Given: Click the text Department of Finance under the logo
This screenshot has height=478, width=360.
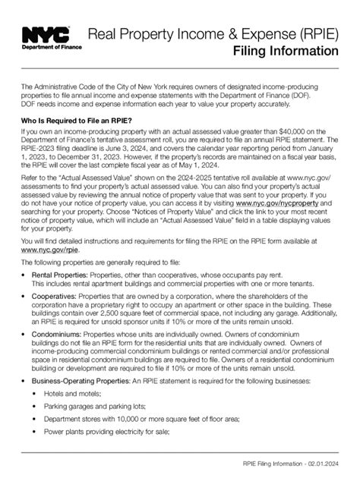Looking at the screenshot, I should pyautogui.click(x=46, y=47).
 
